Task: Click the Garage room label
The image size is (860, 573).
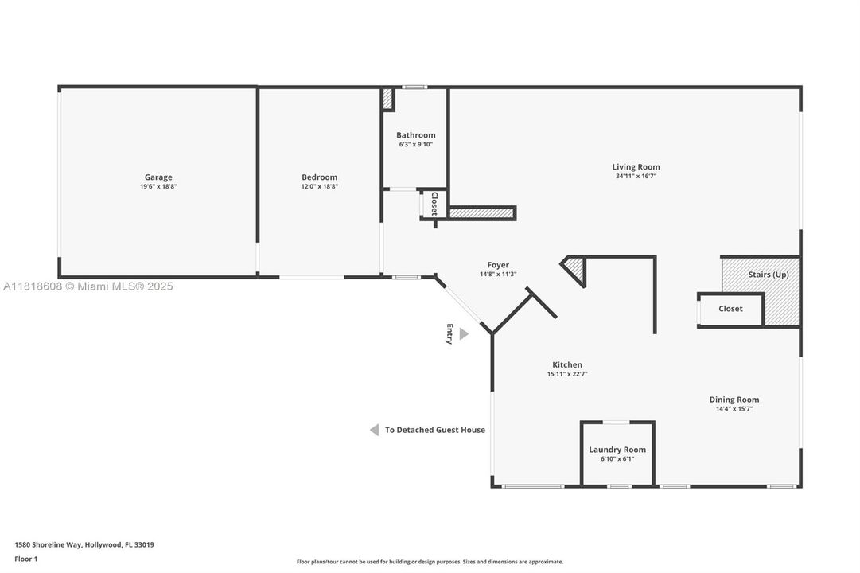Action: [158, 177]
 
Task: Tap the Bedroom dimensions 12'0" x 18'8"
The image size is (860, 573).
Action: [319, 186]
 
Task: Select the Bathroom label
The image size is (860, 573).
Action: [416, 135]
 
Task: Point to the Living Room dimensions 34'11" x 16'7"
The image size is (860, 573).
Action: [636, 176]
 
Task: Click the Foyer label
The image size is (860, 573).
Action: [498, 264]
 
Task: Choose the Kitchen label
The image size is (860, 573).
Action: [567, 364]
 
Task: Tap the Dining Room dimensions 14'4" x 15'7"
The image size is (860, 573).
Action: [734, 409]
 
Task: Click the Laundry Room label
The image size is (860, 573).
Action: [617, 450]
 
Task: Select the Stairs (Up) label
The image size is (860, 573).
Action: [769, 275]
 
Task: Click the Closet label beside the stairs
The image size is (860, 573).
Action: [730, 309]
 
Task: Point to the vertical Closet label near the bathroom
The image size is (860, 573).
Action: [434, 203]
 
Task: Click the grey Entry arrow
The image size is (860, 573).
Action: [464, 333]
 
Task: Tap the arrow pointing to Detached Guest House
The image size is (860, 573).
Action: [374, 430]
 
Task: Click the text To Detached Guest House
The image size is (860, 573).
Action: [435, 430]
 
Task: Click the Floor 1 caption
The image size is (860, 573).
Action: [25, 559]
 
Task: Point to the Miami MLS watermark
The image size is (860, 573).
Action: [88, 286]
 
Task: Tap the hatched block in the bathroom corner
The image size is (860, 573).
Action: [387, 99]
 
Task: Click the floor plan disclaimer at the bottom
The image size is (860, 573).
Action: [430, 562]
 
